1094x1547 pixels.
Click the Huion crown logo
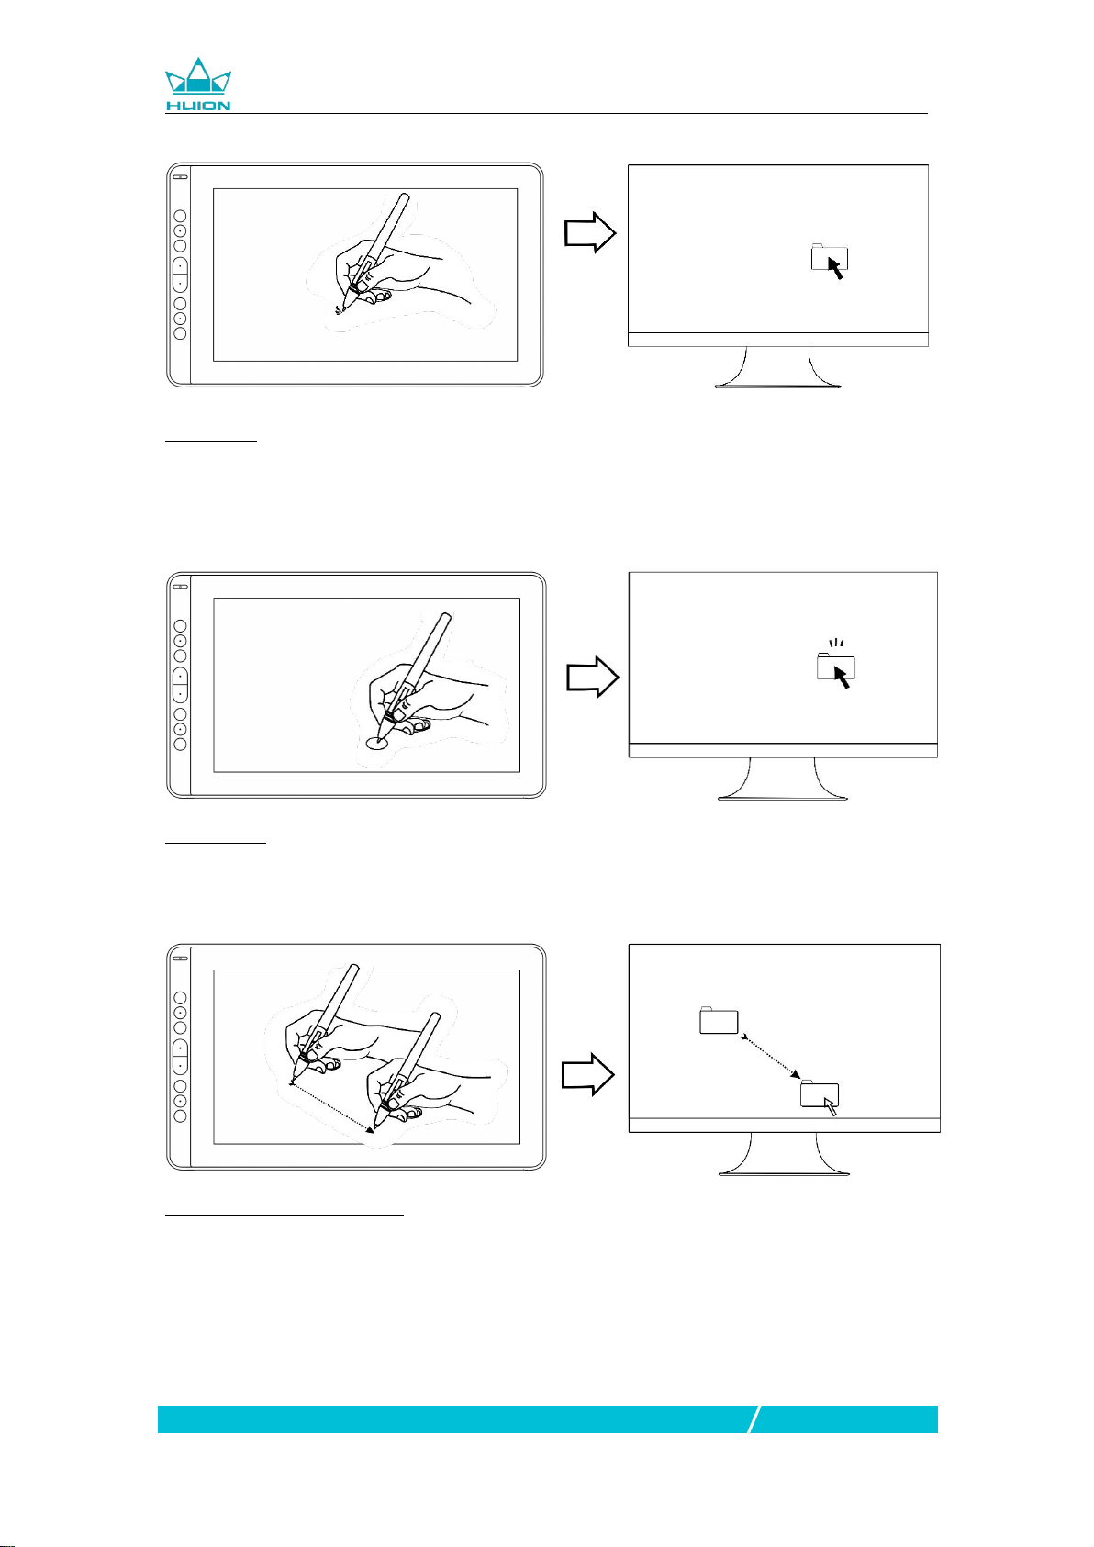tap(197, 84)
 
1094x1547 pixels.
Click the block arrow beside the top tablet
tap(589, 233)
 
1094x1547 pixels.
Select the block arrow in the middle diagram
tap(592, 677)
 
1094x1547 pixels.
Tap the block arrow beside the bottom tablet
tap(587, 1074)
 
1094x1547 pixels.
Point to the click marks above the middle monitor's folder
tap(836, 643)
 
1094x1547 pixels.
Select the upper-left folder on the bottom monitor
tap(719, 1020)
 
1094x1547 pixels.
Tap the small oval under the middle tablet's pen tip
tap(377, 743)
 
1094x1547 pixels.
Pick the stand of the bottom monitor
tap(784, 1153)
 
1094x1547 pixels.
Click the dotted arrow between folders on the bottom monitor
tap(770, 1056)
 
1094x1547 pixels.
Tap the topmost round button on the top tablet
tap(180, 216)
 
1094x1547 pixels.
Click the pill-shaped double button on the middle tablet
tap(180, 685)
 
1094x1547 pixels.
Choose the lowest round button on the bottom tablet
tap(180, 1116)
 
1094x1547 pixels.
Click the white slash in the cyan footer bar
tap(754, 1419)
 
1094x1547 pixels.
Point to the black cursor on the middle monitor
tap(842, 678)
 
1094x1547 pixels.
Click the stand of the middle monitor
tap(783, 779)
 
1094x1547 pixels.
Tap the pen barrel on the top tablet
tap(384, 234)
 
